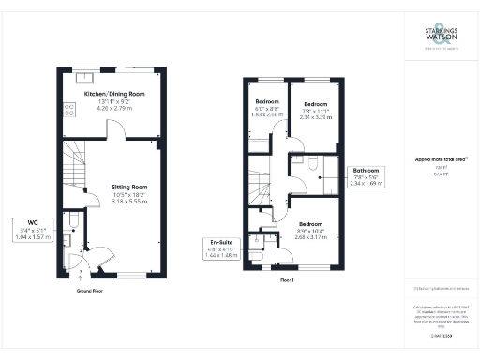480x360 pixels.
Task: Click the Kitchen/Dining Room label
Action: tap(114, 96)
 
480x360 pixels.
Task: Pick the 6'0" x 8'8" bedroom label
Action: tap(267, 102)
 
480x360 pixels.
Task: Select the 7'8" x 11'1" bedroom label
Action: tap(315, 104)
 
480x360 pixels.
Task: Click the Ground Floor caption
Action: tap(90, 291)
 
